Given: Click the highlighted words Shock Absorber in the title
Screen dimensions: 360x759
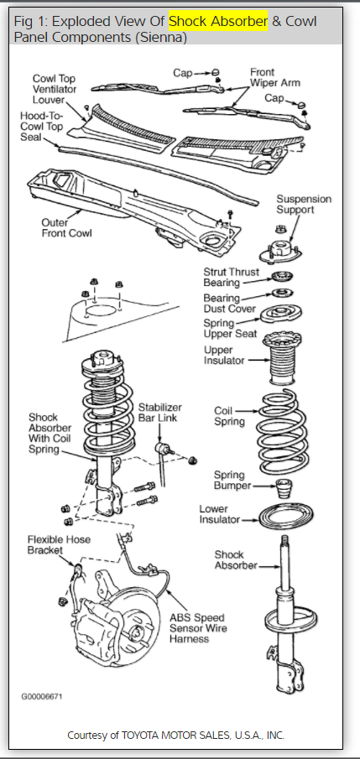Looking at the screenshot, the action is (x=218, y=21).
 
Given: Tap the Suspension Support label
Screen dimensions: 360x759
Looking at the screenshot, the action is (x=304, y=205).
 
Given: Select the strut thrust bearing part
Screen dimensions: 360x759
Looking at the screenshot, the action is (x=282, y=278).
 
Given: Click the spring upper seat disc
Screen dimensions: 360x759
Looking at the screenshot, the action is (x=282, y=315).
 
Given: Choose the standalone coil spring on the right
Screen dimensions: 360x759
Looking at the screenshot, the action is (x=283, y=431).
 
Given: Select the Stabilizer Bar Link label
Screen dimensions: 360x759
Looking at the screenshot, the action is (x=160, y=412).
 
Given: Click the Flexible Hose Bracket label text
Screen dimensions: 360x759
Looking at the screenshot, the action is (x=59, y=544).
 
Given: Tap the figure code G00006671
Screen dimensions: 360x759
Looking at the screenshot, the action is (x=42, y=696).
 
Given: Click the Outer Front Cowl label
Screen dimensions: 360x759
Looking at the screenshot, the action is (x=66, y=228).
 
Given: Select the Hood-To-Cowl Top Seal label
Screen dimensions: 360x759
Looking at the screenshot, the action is (x=42, y=127).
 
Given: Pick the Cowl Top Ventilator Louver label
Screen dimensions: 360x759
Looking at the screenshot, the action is (x=55, y=89).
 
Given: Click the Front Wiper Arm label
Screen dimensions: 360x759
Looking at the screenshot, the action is (x=274, y=77).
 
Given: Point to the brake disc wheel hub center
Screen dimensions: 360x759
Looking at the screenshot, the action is (x=136, y=632).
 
